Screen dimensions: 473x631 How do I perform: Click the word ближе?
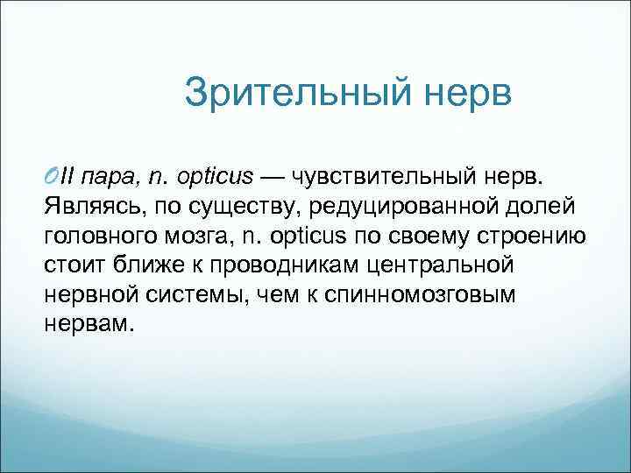point(138,264)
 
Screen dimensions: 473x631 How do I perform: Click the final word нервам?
point(88,323)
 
